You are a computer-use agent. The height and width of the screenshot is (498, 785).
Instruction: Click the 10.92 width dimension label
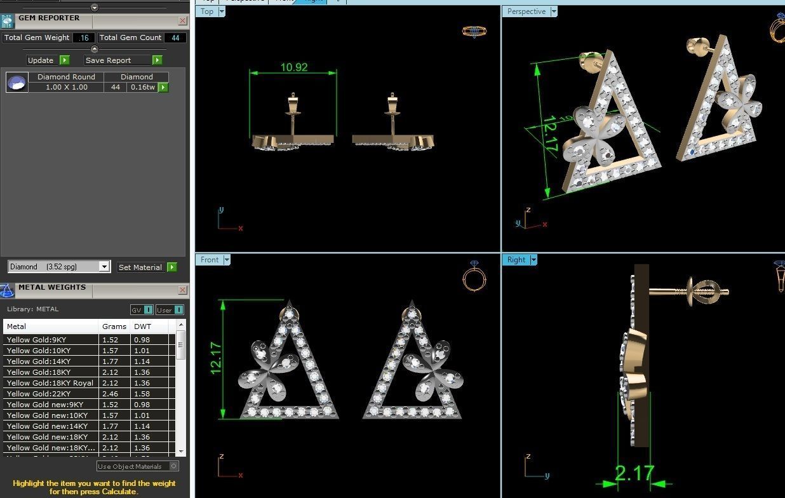294,67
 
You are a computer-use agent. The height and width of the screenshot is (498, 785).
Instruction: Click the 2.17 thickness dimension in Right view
634,473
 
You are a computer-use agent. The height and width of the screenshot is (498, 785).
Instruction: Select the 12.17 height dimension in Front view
216,360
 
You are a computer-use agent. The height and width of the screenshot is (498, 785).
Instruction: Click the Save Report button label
109,60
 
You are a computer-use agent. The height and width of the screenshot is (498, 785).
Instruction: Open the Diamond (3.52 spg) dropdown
104,267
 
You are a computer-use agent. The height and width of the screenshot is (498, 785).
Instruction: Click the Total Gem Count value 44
175,37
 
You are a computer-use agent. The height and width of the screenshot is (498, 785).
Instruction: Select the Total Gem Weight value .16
84,37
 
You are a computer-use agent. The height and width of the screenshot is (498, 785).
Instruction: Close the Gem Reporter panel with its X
182,20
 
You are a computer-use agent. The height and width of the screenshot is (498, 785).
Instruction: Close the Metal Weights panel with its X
182,290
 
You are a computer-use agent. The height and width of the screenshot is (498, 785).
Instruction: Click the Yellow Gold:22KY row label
39,394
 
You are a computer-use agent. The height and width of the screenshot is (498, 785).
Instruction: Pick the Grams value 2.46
110,394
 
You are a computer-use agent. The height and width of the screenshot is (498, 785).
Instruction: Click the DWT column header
142,326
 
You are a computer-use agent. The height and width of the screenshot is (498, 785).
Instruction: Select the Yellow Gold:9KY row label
36,340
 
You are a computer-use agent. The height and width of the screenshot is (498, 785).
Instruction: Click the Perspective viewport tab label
526,11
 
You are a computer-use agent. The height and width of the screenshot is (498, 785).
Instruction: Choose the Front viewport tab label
209,260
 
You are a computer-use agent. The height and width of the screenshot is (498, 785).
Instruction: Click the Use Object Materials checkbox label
130,466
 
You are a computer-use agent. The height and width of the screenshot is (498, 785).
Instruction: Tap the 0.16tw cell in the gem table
142,87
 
